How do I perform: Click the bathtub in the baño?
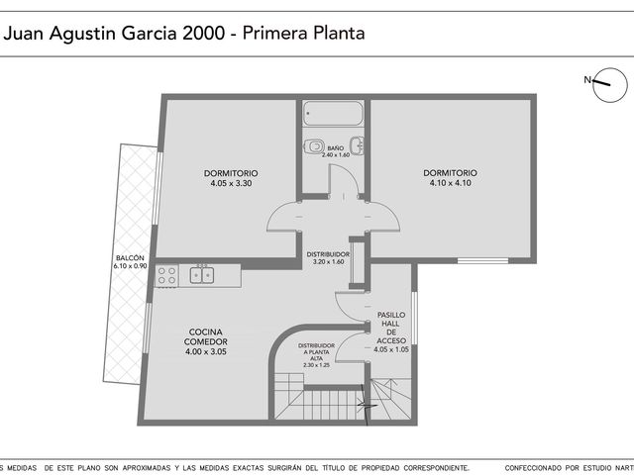(333, 114)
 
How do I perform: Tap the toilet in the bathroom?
(315, 145)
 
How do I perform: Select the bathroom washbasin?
(357, 145)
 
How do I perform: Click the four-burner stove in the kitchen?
(167, 275)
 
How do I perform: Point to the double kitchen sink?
(202, 275)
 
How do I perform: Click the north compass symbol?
(610, 85)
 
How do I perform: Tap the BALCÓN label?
(130, 257)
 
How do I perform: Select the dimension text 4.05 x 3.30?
(231, 183)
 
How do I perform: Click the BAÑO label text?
(336, 148)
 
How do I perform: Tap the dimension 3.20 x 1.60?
(328, 261)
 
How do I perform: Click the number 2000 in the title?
(204, 33)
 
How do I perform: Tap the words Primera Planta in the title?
(304, 33)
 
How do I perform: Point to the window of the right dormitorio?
(482, 261)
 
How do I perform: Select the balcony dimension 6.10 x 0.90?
(130, 266)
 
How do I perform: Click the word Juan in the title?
(25, 33)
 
